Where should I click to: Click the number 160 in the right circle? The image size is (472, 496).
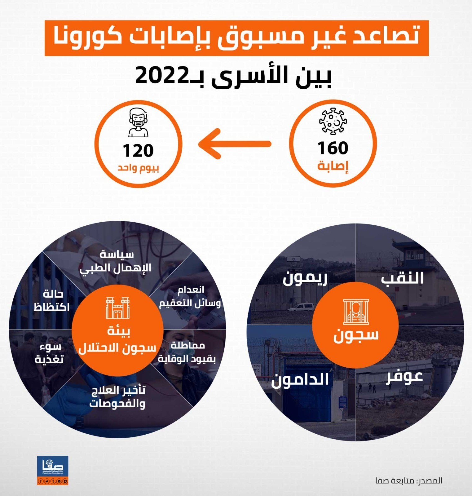click(x=333, y=148)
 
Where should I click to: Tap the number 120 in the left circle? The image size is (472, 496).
click(x=138, y=151)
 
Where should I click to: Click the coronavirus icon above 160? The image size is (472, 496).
click(x=333, y=121)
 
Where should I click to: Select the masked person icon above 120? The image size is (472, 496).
click(x=138, y=122)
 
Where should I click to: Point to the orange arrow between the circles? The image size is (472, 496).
click(x=235, y=144)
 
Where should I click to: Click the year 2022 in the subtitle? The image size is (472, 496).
click(x=161, y=75)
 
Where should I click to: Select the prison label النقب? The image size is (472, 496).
click(x=402, y=278)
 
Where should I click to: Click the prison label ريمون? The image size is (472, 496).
click(x=305, y=278)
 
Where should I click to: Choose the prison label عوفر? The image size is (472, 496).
click(x=404, y=377)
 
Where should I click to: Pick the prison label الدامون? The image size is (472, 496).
click(x=300, y=380)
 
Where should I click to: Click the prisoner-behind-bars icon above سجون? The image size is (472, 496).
click(x=356, y=311)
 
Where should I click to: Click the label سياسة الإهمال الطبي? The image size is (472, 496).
click(x=116, y=261)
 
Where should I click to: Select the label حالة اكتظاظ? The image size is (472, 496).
click(x=51, y=300)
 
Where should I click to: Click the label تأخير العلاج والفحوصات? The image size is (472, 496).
click(x=118, y=396)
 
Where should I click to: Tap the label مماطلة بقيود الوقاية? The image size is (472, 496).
click(x=187, y=352)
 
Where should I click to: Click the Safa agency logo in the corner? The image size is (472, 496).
click(x=52, y=470)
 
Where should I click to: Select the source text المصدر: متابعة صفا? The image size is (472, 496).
click(x=408, y=481)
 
